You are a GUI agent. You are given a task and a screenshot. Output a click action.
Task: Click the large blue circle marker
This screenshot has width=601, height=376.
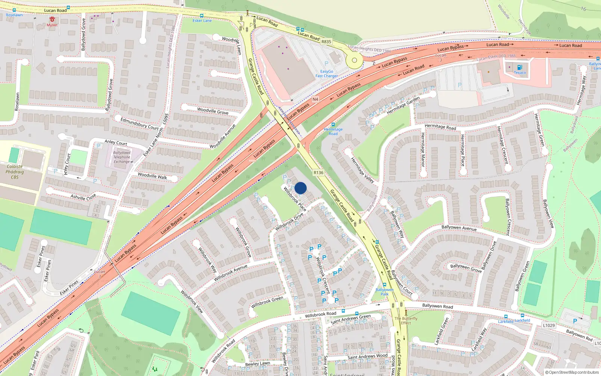(300, 188)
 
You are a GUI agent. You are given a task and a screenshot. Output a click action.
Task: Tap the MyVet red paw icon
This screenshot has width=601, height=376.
(52, 20)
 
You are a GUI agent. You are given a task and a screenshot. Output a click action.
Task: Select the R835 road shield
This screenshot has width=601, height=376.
(326, 42)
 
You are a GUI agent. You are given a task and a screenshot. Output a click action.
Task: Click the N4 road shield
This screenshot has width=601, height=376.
(315, 99)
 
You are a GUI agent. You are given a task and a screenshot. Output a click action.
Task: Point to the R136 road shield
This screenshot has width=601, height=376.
(318, 173)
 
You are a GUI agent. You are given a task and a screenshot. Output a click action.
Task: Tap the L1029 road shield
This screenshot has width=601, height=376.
(549, 325)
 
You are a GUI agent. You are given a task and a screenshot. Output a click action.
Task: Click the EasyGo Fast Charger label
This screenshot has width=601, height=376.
(326, 74)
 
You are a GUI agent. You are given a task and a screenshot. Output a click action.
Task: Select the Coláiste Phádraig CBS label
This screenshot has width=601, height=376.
(15, 172)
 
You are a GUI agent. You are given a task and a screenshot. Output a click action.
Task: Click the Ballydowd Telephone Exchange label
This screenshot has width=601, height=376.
(122, 157)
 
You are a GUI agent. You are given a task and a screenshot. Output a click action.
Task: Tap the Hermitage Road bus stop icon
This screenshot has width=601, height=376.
(333, 124)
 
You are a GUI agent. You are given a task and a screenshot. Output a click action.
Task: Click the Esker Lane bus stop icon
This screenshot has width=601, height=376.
(202, 16)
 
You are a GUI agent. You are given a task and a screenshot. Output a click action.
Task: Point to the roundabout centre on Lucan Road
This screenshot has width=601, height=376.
(354, 60)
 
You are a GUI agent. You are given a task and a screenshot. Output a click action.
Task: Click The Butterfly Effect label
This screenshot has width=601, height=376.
(406, 320)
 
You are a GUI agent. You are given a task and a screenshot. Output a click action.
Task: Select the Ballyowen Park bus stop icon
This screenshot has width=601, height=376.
(384, 285)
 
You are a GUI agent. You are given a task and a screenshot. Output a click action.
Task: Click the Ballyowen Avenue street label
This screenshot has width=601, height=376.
(459, 228)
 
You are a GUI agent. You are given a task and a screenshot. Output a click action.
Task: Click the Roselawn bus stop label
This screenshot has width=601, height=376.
(14, 15)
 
